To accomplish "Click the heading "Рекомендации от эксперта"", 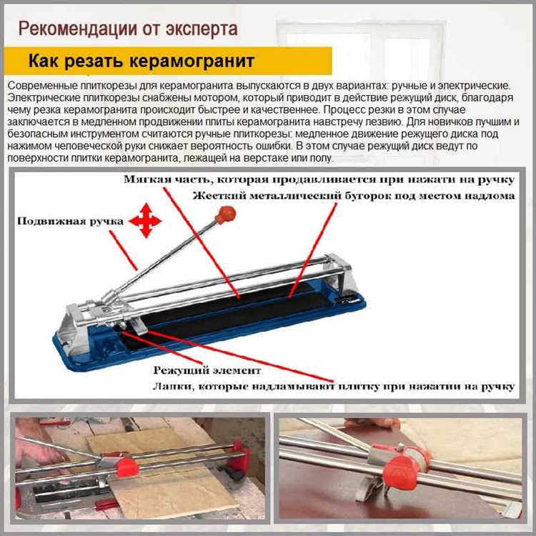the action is click(x=128, y=29).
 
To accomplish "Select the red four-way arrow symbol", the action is click(x=145, y=221).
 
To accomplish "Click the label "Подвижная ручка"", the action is click(x=70, y=221).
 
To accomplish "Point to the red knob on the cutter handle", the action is click(x=225, y=214).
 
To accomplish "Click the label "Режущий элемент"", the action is click(x=207, y=370).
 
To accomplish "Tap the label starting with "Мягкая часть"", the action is click(x=319, y=180).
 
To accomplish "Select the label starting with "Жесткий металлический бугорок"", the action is click(x=354, y=196).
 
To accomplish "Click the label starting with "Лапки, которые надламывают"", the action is click(x=333, y=387).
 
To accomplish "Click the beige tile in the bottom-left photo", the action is click(x=164, y=479).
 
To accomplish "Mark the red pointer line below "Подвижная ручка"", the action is click(x=124, y=251).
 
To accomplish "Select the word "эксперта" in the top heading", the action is click(x=202, y=29).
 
